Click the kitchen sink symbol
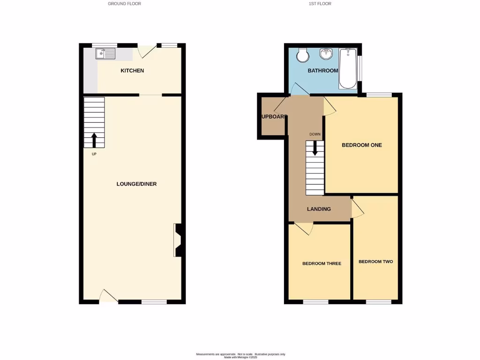105,54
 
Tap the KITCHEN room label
132,71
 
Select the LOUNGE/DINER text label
136,184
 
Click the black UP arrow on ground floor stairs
94,140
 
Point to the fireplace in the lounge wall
178,240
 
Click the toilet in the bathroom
303,55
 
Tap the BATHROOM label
322,71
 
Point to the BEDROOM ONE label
361,145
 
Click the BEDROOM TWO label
375,262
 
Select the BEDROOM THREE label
322,263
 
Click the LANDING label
319,209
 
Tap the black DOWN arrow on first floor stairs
315,148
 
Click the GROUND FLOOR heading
124,4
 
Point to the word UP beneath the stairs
94,154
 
